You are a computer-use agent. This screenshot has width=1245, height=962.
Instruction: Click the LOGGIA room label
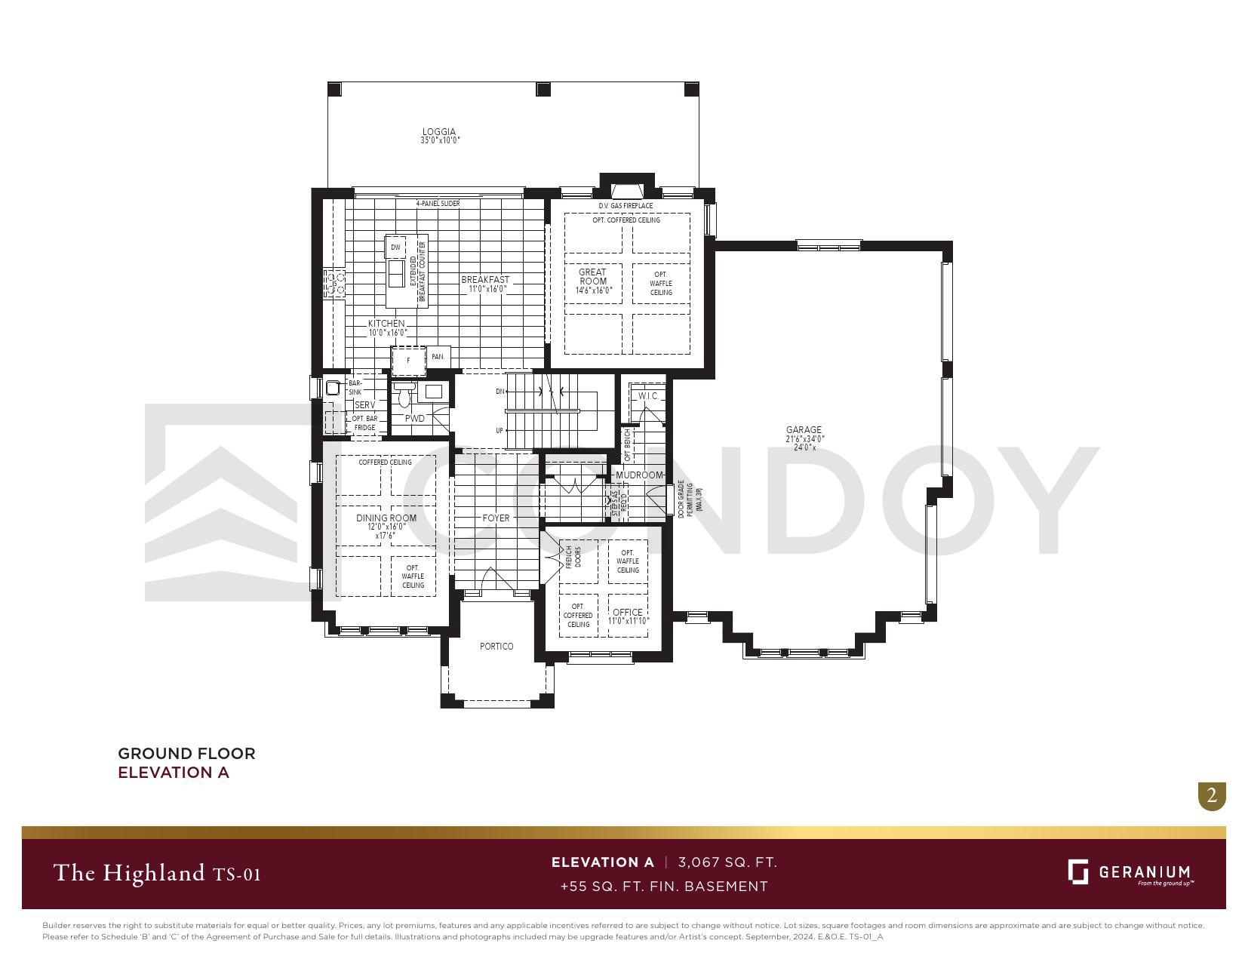(x=439, y=132)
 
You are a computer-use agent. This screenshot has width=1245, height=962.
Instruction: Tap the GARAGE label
(x=804, y=430)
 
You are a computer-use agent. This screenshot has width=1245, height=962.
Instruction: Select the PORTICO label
(x=496, y=647)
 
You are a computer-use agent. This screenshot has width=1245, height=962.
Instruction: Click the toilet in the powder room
(x=404, y=395)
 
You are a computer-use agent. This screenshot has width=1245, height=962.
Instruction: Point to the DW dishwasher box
(x=395, y=247)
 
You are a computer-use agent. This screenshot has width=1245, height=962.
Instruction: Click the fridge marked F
(x=408, y=360)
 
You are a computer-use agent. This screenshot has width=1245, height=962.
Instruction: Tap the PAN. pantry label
(x=438, y=357)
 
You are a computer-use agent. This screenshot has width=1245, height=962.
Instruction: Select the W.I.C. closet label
(x=648, y=396)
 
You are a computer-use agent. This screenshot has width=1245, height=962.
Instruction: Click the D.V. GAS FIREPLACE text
(x=626, y=206)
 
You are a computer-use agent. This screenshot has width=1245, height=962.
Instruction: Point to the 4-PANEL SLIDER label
(x=438, y=204)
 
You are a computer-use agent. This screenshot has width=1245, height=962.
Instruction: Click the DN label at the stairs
(x=500, y=392)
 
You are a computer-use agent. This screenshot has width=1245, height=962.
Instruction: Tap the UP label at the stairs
(x=500, y=431)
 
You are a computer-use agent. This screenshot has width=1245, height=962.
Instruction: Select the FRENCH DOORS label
(x=573, y=557)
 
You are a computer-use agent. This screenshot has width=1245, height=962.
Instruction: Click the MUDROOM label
(x=639, y=475)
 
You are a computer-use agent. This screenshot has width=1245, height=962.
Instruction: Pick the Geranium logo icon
(x=1078, y=871)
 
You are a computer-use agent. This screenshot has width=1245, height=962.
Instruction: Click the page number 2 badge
(x=1212, y=795)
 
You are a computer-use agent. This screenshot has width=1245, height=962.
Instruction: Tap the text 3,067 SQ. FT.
(x=727, y=862)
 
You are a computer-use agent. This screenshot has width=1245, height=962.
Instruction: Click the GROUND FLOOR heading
(x=186, y=753)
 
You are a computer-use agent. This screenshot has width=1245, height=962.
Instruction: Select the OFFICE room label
(x=628, y=613)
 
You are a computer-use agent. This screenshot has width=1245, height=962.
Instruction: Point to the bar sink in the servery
(x=333, y=388)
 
